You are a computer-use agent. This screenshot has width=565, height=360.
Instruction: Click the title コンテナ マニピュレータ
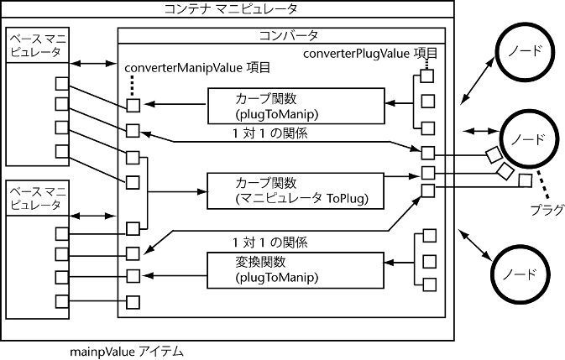click(x=228, y=10)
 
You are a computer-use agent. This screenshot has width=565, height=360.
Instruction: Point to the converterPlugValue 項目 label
click(x=369, y=53)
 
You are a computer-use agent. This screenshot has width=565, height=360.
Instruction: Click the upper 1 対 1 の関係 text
click(x=264, y=133)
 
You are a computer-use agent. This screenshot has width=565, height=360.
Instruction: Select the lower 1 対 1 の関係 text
click(x=264, y=242)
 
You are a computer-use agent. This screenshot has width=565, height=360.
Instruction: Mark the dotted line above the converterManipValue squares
click(x=133, y=86)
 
